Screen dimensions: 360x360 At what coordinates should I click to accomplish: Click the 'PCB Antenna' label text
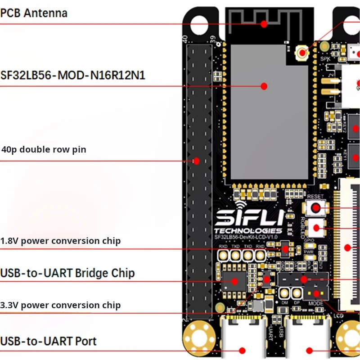click(x=34, y=13)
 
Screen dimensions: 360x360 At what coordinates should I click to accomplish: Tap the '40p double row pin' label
click(x=44, y=149)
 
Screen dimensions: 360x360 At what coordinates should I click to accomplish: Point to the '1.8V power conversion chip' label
click(x=60, y=241)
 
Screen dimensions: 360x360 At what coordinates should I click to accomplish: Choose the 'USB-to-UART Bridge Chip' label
click(x=67, y=273)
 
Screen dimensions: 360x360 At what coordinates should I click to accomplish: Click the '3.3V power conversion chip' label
click(x=60, y=305)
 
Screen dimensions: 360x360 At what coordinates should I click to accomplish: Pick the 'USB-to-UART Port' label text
click(x=49, y=341)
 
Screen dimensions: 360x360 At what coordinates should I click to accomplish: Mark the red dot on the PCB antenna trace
click(x=264, y=24)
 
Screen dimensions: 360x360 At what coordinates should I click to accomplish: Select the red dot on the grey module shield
click(x=264, y=86)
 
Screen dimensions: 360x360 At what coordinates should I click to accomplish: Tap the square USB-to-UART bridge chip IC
click(x=234, y=281)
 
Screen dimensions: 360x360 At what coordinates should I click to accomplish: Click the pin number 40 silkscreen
click(x=184, y=39)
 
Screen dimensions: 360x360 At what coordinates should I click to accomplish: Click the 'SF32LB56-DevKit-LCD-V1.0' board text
click(x=248, y=237)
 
